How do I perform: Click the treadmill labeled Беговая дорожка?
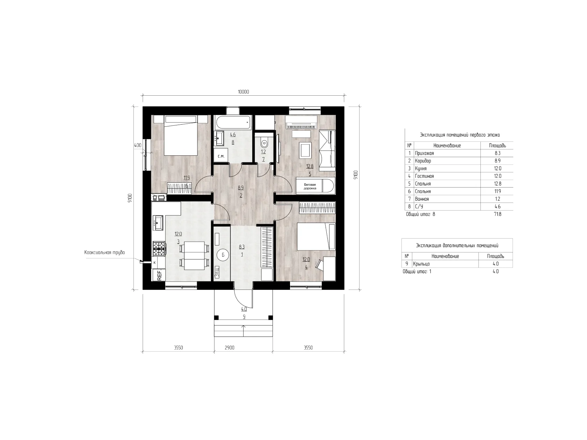(x=315, y=186)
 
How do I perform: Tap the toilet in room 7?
(x=264, y=144)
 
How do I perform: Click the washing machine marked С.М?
(x=221, y=156)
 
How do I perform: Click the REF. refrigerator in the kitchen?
(x=159, y=275)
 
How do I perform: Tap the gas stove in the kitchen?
(x=159, y=248)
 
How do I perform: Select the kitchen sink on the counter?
(x=158, y=223)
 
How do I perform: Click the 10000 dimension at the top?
(x=243, y=92)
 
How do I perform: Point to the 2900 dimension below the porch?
(x=230, y=347)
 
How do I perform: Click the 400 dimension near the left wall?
(x=137, y=145)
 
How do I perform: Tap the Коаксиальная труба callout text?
(x=104, y=252)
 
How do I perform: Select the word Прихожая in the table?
(x=425, y=153)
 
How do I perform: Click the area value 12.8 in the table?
(x=498, y=184)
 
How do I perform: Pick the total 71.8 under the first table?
(x=498, y=214)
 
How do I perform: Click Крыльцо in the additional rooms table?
(x=421, y=264)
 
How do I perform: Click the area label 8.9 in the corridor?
(x=241, y=188)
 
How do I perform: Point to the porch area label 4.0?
(x=244, y=309)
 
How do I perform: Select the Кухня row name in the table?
(x=421, y=169)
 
